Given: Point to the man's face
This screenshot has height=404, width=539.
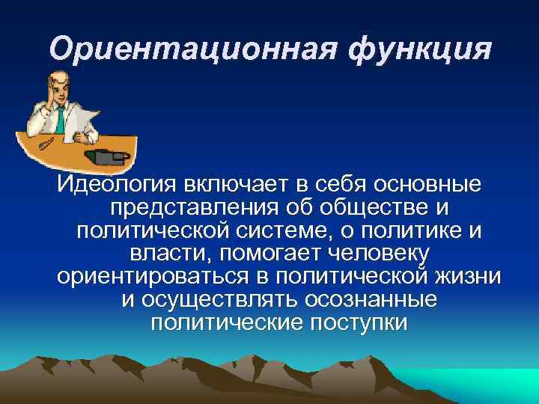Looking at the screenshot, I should tap(58, 88).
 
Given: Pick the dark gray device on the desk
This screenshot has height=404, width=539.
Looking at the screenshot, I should tap(104, 156).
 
